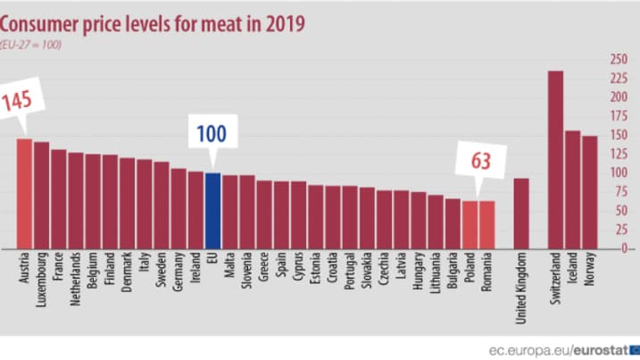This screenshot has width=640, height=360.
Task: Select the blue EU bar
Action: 213,210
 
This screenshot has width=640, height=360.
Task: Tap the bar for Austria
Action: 24,193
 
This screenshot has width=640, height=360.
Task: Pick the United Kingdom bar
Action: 521,213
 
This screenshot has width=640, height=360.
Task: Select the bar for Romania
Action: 487,224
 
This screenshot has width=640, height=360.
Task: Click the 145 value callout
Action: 16,100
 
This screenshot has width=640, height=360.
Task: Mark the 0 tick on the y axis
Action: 613,248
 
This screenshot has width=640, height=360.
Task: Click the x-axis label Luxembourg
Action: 42,278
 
